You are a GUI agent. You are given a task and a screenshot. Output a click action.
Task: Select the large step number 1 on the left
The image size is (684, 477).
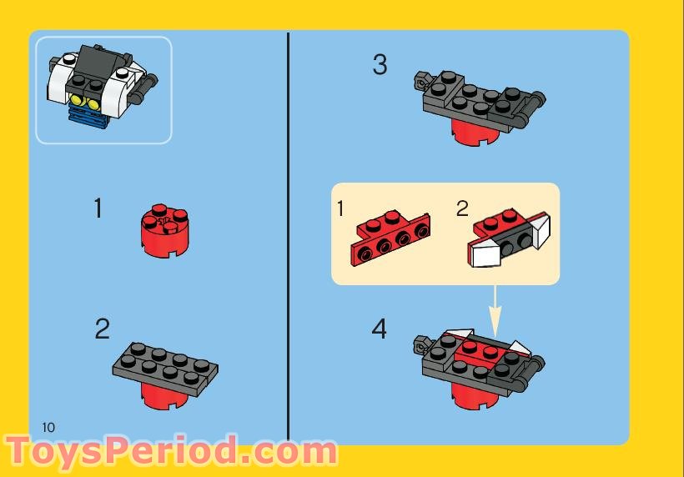(98, 208)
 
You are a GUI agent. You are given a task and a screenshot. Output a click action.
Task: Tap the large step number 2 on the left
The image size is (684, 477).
(102, 329)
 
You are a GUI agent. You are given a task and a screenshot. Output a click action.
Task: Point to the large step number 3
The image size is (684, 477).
(380, 65)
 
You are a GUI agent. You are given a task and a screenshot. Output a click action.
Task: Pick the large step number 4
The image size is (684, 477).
(380, 329)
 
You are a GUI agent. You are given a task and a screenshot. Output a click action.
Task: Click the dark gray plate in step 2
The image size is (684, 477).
(165, 364)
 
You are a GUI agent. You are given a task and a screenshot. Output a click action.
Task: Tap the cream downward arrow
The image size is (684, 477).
(495, 310)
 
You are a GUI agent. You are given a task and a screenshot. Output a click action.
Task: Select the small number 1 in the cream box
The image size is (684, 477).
(340, 208)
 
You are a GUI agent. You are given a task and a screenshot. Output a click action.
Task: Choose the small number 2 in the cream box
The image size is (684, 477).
(462, 208)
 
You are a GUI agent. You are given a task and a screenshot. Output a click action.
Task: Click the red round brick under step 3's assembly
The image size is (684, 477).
(471, 130)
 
